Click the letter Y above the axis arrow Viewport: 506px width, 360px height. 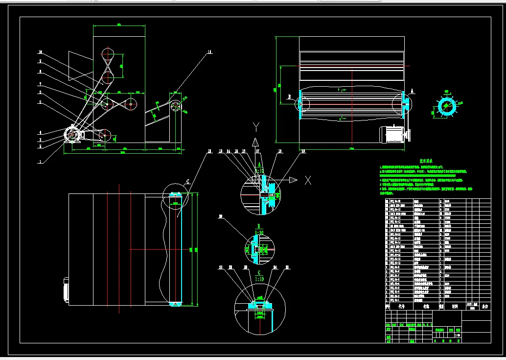[x=255, y=127]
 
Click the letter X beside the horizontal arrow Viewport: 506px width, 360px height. [x=308, y=180]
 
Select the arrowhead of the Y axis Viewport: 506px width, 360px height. [x=255, y=142]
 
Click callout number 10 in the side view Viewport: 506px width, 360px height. [x=40, y=51]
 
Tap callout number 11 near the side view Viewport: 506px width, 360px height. [x=209, y=51]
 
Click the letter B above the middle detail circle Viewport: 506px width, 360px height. [x=257, y=226]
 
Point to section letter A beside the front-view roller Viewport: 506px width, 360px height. [x=412, y=91]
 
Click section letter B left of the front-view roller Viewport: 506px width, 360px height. [x=290, y=96]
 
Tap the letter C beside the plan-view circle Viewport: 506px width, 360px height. [x=187, y=181]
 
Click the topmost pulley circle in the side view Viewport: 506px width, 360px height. [x=107, y=54]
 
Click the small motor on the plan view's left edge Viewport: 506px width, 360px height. [x=65, y=289]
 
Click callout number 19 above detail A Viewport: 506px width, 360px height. [x=303, y=151]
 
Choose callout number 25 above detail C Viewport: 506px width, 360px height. [x=287, y=267]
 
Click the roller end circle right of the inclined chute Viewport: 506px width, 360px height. [x=176, y=106]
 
